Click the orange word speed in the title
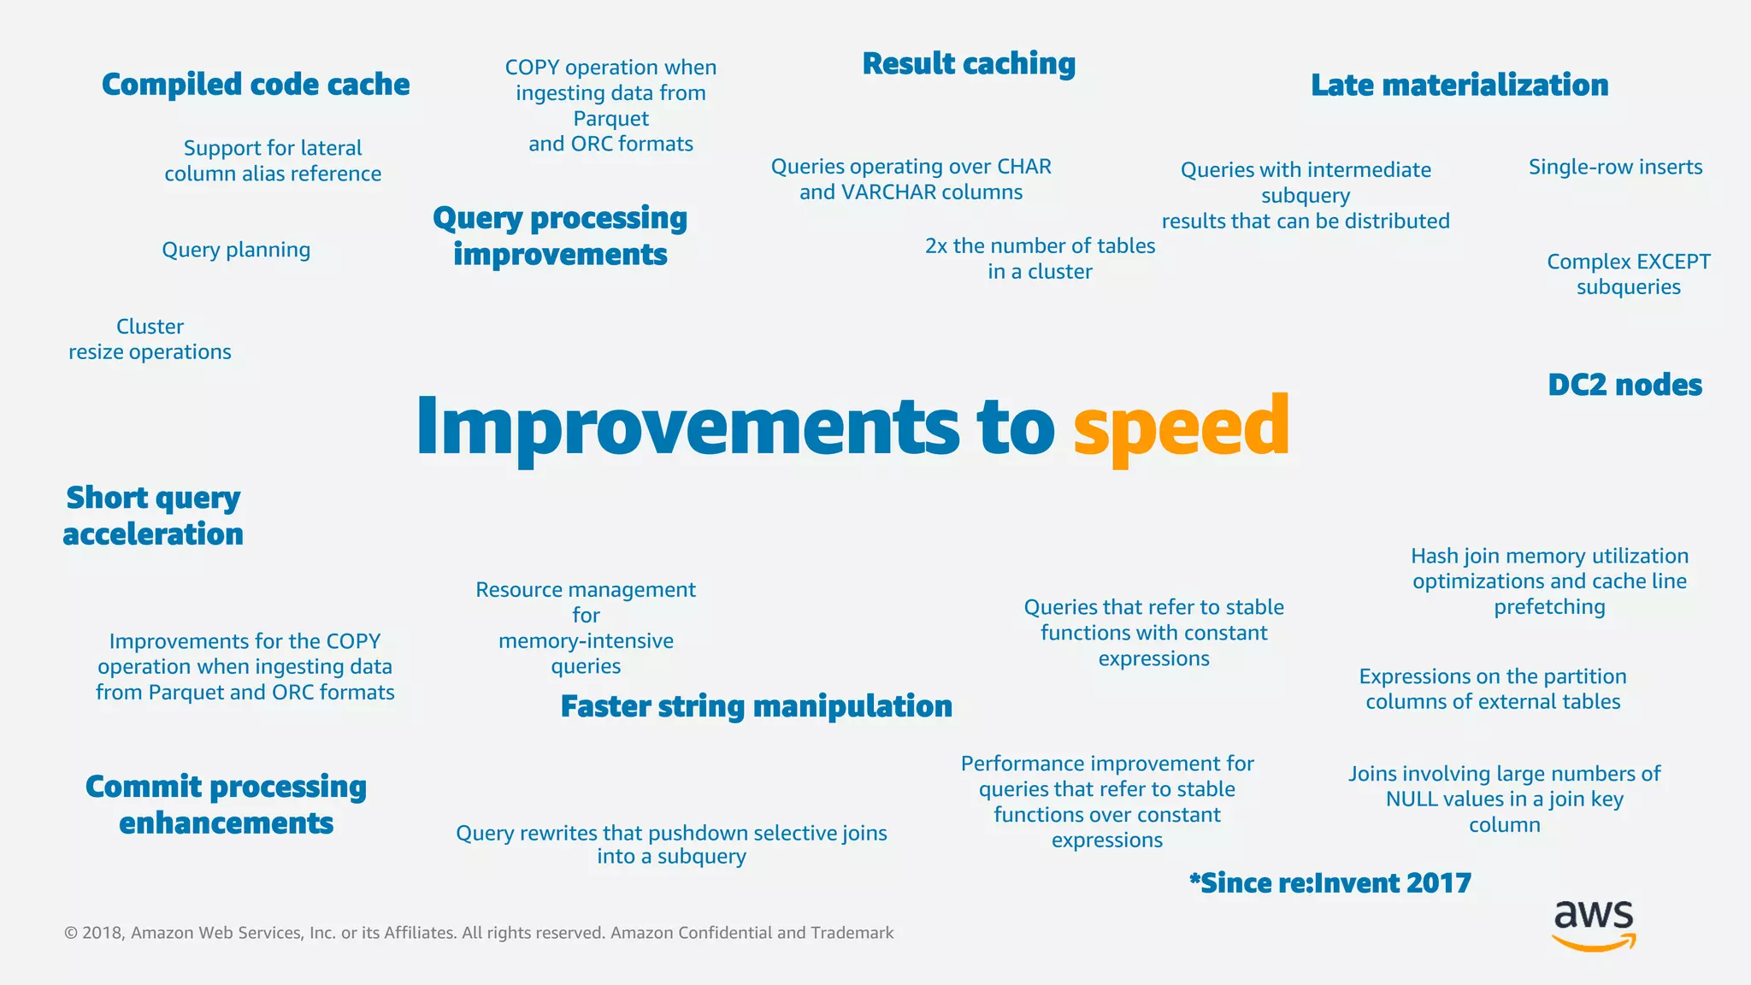point(1181,428)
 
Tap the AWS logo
point(1594,925)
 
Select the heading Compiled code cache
point(256,85)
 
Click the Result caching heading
point(969,64)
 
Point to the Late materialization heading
point(1459,86)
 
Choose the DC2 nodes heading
point(1624,385)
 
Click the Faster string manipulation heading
point(756,706)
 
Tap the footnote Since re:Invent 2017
point(1330,883)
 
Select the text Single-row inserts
point(1615,167)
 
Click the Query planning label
point(236,250)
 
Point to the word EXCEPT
point(1668,262)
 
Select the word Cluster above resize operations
point(150,327)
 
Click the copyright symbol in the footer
point(70,933)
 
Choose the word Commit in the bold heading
point(144,787)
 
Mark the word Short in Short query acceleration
point(107,498)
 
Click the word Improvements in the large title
point(687,428)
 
